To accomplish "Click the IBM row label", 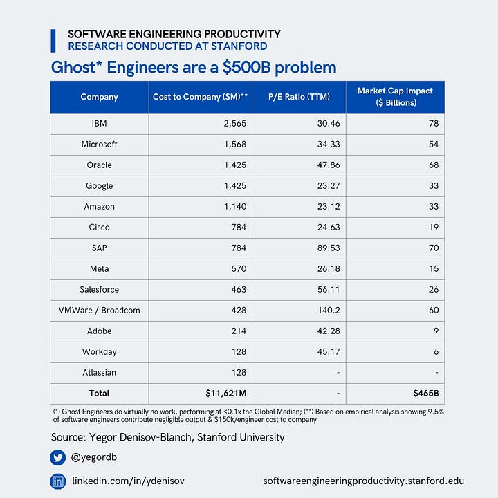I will pos(99,124).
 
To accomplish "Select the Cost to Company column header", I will pos(200,97).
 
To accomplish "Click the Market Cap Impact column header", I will pos(395,97).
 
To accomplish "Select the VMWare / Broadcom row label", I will pos(99,311).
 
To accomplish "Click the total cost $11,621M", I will pos(226,394).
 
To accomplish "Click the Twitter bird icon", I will pos(58,457).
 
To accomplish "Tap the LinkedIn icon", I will pos(58,481).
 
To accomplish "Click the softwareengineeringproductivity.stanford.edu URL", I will pos(364,481).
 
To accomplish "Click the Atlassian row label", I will pos(99,373).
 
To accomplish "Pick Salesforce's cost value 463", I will pos(238,290).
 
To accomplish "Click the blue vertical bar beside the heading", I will pos(53,40).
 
